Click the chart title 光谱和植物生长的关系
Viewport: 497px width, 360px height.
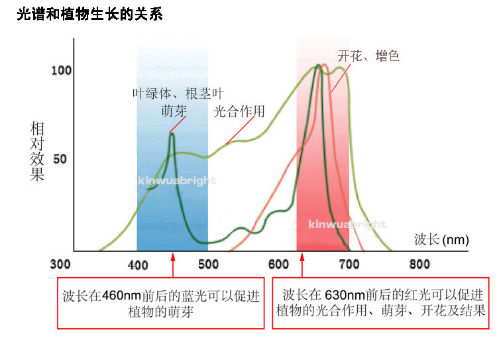[89, 15]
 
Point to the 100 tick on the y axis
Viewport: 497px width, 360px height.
[62, 70]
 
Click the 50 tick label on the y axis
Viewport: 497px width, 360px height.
[60, 159]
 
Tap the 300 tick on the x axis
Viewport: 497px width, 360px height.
[60, 264]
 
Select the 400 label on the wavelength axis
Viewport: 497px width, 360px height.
[138, 265]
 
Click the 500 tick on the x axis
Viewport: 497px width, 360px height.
[209, 265]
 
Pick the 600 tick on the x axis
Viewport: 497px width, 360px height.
[278, 265]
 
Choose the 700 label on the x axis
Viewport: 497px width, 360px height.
[349, 265]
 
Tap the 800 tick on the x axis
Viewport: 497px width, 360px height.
[419, 265]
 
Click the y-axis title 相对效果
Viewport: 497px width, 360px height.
[36, 151]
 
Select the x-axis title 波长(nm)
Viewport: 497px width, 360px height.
[441, 239]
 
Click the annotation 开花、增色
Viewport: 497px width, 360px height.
[368, 56]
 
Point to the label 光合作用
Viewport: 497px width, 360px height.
[239, 111]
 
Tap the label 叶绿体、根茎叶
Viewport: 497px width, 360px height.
[178, 93]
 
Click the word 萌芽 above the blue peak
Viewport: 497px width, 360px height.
[174, 111]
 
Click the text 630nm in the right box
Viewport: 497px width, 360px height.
[345, 295]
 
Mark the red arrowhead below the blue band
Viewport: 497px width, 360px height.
[173, 257]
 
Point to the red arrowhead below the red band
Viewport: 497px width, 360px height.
[302, 257]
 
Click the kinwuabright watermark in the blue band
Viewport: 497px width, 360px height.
[177, 181]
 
